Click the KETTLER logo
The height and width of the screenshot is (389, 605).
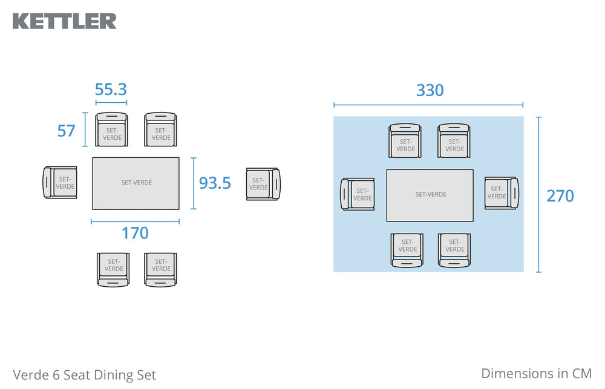65,21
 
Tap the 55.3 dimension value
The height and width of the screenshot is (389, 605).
111,90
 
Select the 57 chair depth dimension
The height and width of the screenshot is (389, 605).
66,131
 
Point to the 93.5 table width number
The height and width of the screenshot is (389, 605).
215,183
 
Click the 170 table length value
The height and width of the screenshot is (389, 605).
135,233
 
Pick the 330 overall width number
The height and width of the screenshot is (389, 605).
430,90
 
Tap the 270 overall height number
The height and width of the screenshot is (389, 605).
560,196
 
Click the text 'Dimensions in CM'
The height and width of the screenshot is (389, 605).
536,373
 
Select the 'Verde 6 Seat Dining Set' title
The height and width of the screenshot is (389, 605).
85,374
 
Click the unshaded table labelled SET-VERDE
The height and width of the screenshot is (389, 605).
136,183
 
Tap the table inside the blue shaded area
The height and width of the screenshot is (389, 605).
430,195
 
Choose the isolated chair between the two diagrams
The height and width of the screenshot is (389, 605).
263,184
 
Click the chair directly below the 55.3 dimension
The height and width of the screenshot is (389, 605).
111,129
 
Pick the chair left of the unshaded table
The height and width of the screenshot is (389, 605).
60,183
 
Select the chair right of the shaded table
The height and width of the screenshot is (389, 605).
502,194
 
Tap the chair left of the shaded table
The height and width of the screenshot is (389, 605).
358,194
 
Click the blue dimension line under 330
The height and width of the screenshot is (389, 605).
428,105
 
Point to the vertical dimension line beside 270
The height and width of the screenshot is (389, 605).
538,195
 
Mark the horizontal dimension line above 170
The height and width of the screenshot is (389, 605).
135,221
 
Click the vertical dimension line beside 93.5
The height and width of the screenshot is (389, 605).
194,183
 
